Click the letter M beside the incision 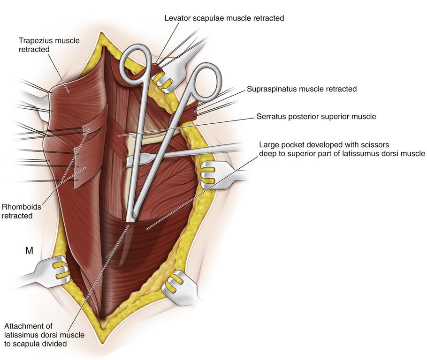(29, 251)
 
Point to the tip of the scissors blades (130, 219)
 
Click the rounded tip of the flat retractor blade (131, 161)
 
